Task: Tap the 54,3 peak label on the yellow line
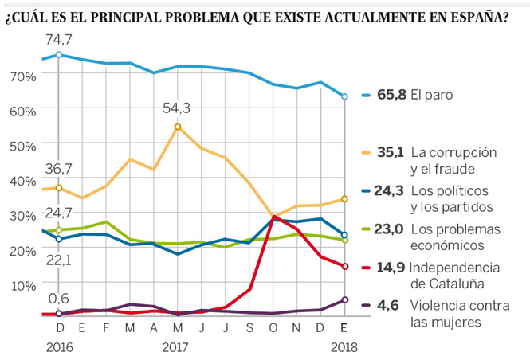coord(177,108)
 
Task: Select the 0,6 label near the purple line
coord(58,299)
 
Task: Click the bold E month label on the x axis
coord(344,327)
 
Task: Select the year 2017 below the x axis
coord(176,347)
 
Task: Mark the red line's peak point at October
coord(273,217)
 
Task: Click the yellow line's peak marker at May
coord(177,127)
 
